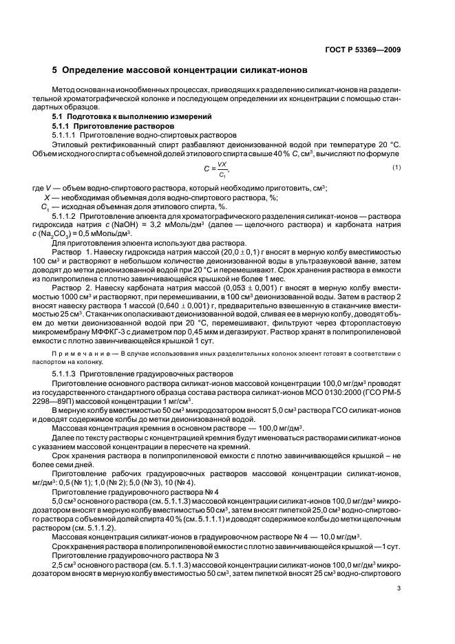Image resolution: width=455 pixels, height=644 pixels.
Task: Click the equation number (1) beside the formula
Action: [396, 167]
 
